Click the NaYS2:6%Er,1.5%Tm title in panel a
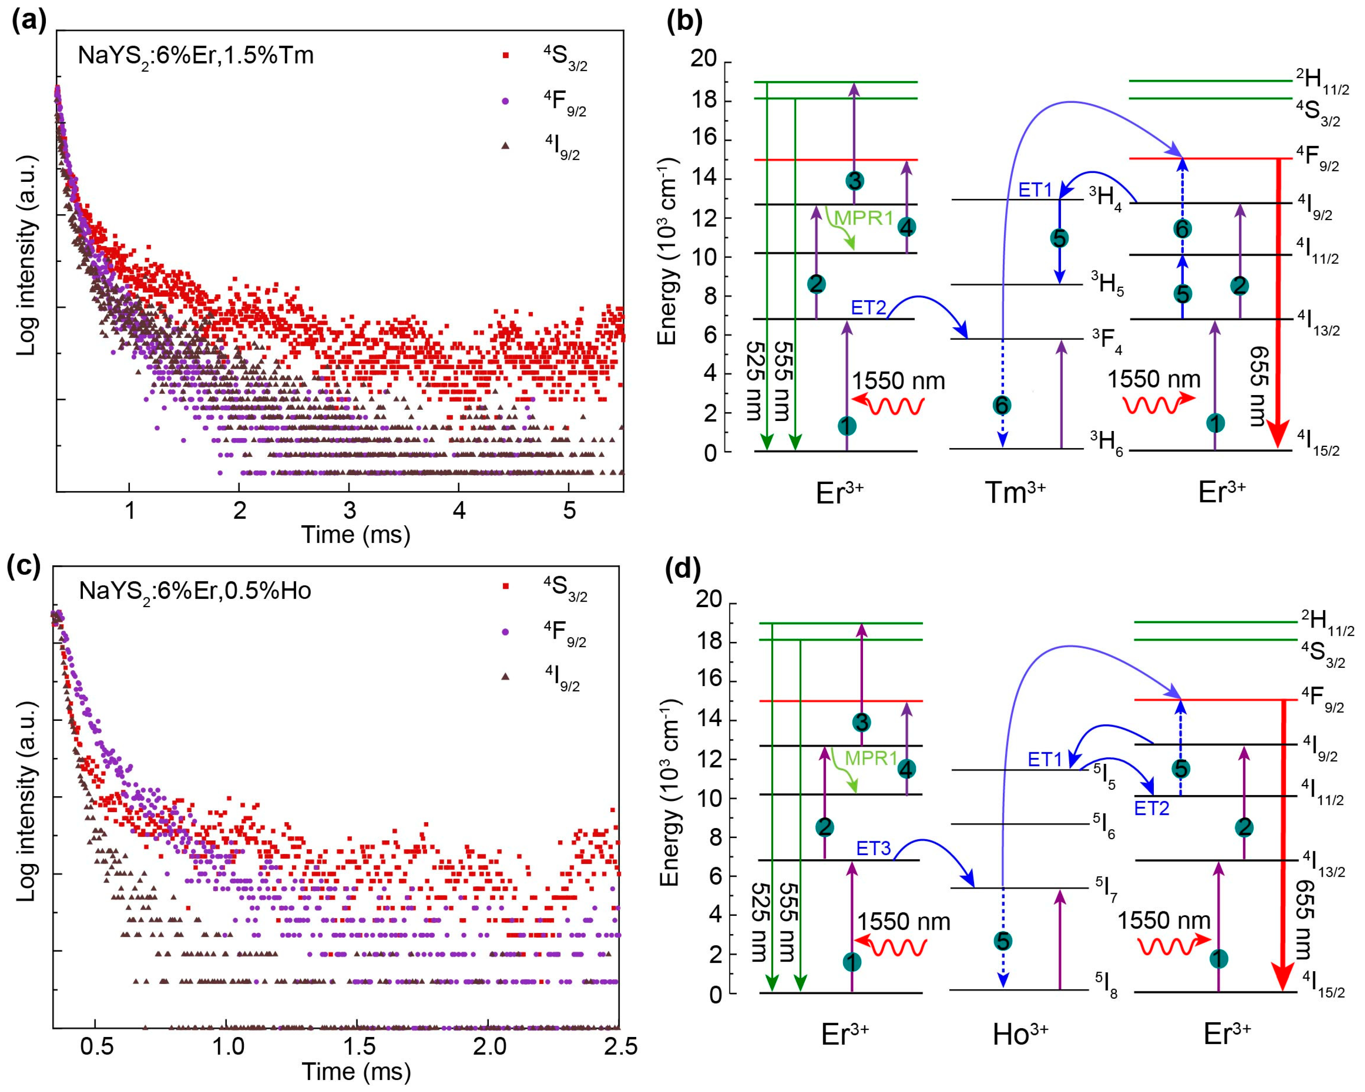tap(195, 56)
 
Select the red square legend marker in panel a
tap(505, 56)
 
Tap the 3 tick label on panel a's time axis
tap(349, 510)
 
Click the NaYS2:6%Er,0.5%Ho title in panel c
tap(195, 591)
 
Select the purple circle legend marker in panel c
tap(505, 632)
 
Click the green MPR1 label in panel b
tap(863, 218)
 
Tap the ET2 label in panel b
tap(868, 308)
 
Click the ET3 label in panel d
tap(874, 849)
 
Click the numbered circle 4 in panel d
tap(907, 769)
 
